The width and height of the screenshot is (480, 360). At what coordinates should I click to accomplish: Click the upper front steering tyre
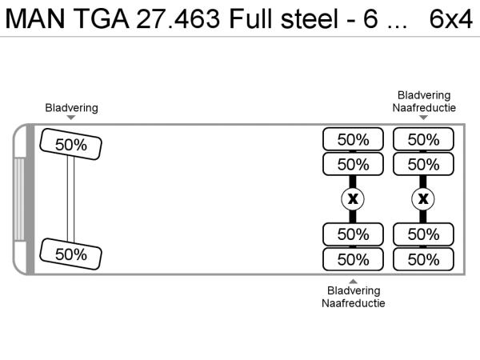point(70,144)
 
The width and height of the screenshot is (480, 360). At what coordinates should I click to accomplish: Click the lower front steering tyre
point(70,254)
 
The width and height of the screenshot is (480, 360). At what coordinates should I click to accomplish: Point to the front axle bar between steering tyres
point(70,199)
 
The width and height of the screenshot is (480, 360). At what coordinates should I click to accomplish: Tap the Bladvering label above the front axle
point(72,107)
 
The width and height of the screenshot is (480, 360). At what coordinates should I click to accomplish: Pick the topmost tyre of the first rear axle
point(353,139)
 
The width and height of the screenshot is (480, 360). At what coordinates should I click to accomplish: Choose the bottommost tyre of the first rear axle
point(353,259)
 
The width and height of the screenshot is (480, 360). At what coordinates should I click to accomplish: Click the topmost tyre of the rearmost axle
point(423,139)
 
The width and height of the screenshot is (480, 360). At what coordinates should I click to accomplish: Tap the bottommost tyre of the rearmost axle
point(423,259)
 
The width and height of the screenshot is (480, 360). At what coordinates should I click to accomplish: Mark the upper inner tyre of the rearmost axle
point(423,164)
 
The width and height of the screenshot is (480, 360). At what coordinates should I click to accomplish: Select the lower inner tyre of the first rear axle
point(353,234)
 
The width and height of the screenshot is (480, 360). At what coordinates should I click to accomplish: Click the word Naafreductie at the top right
point(424,107)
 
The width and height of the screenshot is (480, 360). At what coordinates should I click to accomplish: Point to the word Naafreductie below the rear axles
point(354,303)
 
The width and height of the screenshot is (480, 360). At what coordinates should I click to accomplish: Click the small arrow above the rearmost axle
point(424,118)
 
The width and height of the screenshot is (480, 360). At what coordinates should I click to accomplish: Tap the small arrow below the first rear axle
point(354,280)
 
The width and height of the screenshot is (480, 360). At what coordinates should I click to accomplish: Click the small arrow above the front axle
point(72,118)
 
